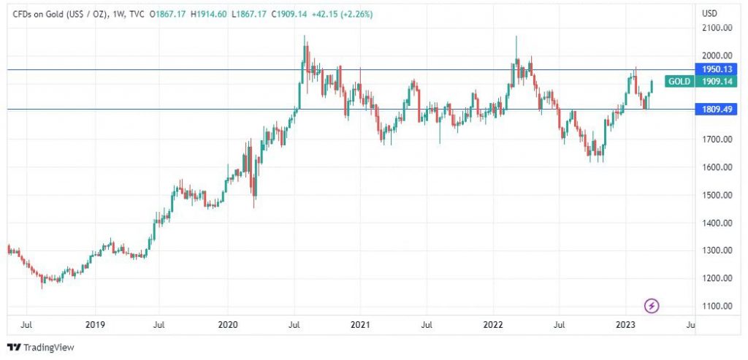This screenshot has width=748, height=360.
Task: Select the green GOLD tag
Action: tap(679, 82)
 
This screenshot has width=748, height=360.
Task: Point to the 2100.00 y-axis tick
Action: tap(717, 28)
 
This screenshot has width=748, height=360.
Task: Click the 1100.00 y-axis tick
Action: tap(717, 306)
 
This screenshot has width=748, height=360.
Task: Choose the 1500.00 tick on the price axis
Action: tap(717, 195)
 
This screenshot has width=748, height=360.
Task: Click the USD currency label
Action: tap(709, 13)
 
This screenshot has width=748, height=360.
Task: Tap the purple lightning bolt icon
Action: tap(652, 306)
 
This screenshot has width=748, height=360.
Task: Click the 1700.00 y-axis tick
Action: tap(717, 139)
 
